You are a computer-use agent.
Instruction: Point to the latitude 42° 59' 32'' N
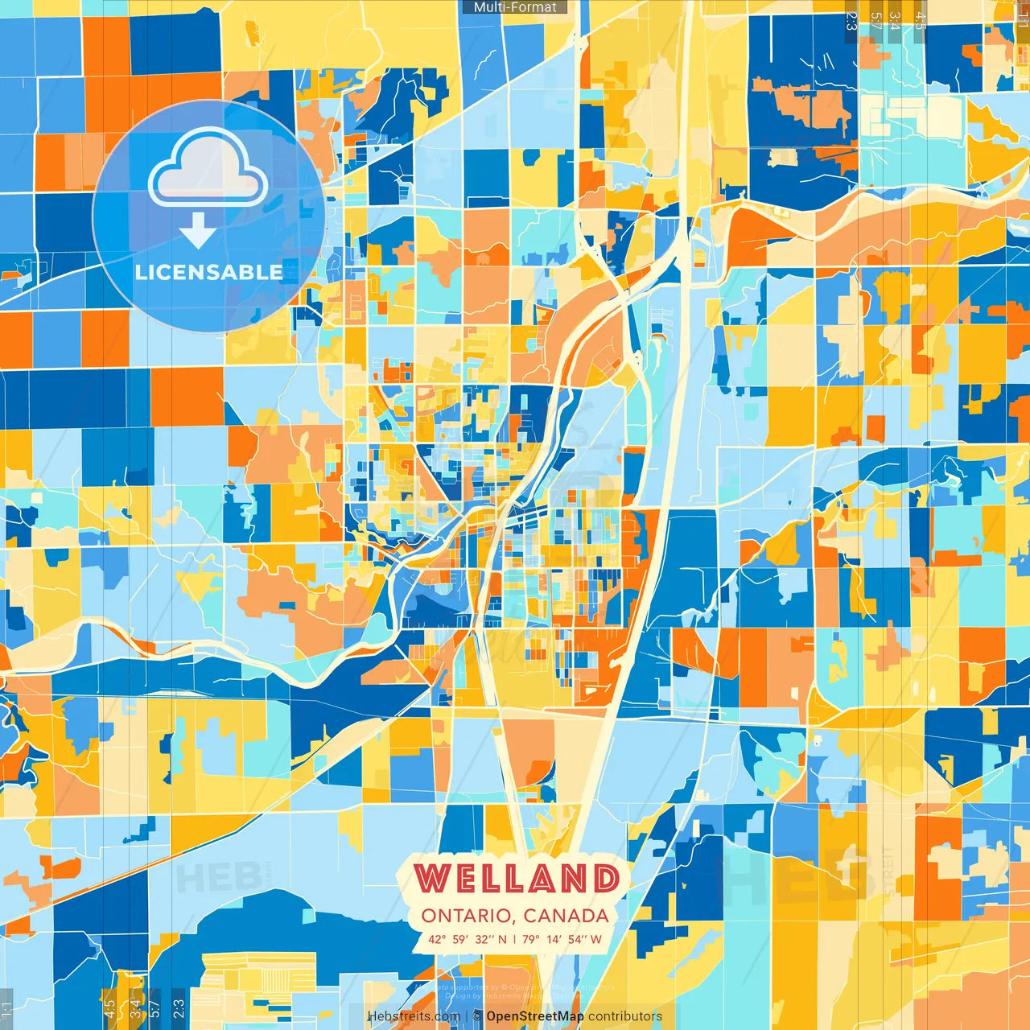tap(468, 938)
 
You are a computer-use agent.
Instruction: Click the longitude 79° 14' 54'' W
tap(562, 938)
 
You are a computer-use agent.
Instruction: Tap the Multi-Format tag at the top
tap(515, 7)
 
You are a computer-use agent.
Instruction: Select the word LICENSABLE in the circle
tap(208, 272)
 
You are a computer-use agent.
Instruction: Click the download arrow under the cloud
tap(198, 231)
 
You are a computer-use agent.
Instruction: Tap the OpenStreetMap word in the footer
tap(534, 1016)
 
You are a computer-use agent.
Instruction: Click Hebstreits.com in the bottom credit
tap(414, 1016)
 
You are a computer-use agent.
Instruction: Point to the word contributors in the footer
tap(625, 1016)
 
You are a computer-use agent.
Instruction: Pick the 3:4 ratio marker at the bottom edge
tap(134, 1008)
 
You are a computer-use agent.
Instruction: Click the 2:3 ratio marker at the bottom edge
tap(179, 1008)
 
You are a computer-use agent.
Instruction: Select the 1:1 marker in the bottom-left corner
tap(6, 1009)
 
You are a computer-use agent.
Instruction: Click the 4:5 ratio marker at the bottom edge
tap(109, 1008)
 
